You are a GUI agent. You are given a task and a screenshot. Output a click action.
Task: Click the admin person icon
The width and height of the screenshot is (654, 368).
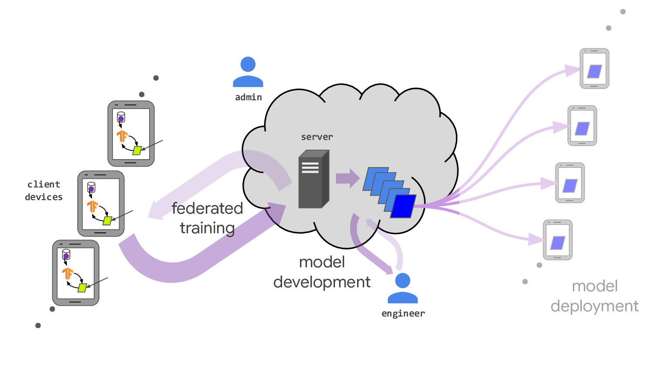[248, 72]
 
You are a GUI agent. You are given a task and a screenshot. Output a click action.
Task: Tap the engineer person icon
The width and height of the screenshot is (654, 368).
[402, 288]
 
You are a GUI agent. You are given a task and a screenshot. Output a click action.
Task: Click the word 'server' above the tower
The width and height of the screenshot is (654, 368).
[317, 137]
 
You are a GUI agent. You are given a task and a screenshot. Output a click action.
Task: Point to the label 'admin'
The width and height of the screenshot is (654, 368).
[249, 97]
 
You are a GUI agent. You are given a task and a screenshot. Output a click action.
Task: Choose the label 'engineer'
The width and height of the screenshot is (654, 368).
[403, 313]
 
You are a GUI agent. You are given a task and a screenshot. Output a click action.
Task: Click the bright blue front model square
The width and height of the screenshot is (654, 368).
[403, 206]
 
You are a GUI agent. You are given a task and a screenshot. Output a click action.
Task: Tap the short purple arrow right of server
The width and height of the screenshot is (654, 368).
[347, 178]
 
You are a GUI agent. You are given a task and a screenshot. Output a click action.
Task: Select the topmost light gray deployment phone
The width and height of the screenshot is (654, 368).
[594, 68]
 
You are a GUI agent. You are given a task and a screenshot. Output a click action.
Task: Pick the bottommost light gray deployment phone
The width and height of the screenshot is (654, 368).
[558, 240]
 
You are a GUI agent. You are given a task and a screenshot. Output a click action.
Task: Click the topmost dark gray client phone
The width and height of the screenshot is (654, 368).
[131, 133]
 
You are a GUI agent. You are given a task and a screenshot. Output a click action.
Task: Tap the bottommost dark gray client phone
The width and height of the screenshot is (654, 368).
[76, 273]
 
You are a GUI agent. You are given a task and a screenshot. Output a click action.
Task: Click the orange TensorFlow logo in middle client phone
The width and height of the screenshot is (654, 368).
[92, 206]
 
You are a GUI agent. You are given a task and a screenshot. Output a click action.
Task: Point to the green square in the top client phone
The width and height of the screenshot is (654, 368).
[137, 150]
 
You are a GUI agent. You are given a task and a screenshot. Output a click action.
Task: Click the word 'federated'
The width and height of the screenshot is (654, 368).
[207, 208]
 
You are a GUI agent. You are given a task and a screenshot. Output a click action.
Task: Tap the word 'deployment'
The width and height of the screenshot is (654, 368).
[594, 306]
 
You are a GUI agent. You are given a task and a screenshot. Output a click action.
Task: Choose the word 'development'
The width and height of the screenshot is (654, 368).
[322, 282]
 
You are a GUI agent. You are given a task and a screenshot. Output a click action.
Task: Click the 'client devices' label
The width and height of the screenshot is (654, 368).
[44, 191]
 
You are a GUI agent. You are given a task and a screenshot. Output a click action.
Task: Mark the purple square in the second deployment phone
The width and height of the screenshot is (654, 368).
[582, 129]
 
